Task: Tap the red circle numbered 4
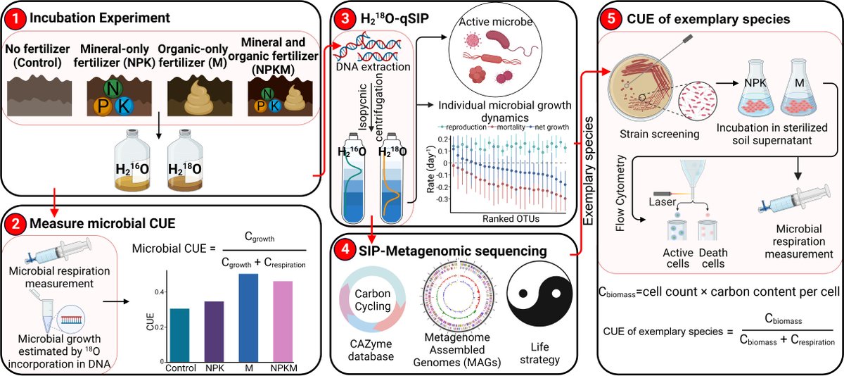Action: click(345, 249)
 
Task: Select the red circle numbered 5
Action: click(610, 16)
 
